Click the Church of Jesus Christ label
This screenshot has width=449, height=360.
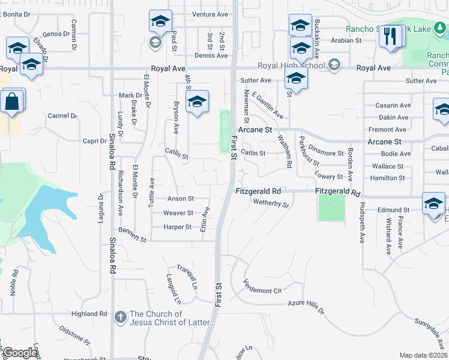(172, 318)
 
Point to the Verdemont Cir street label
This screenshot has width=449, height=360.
(262, 287)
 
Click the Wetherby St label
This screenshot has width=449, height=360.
(271, 203)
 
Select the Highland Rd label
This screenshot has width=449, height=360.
(88, 314)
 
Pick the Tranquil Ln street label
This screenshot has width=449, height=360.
(187, 277)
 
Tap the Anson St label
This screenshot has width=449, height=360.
(181, 199)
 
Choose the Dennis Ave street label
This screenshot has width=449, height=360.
(211, 55)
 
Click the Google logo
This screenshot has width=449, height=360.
(20, 353)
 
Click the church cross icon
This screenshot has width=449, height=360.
(120, 316)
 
